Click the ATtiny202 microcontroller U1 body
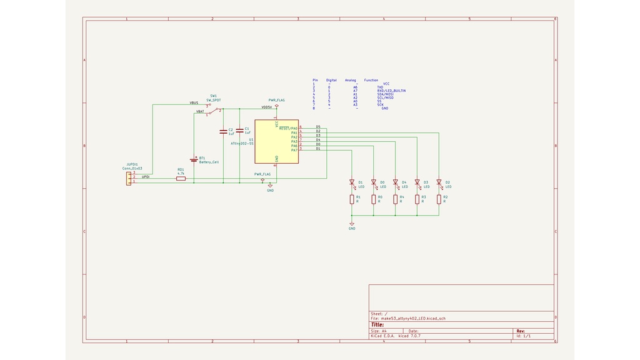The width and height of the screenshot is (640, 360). coord(276,142)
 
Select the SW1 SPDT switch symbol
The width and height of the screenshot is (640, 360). coord(213,111)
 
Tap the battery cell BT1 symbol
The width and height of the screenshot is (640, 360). coord(194,160)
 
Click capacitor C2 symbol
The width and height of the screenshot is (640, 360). coord(223,132)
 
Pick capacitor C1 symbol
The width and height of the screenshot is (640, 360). coord(239,131)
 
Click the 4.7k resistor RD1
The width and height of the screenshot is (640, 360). coord(181,178)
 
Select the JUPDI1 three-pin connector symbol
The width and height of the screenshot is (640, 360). coord(128,177)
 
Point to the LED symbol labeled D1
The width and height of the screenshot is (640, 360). coord(352,183)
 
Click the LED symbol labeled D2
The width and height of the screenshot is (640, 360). coord(439,183)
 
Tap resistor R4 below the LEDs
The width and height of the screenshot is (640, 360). coord(395,199)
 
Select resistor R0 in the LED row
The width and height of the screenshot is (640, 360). coord(374,199)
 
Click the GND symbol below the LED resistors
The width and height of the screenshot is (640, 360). coord(352,225)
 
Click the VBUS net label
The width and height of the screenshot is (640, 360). coord(194,102)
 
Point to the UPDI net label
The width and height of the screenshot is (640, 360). coord(146,177)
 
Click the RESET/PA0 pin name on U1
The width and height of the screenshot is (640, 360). coord(288,128)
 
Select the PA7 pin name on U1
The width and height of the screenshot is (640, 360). coord(294,150)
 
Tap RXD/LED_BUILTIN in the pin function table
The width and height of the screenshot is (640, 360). coord(391,91)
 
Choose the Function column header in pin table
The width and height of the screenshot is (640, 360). coord(371,80)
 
